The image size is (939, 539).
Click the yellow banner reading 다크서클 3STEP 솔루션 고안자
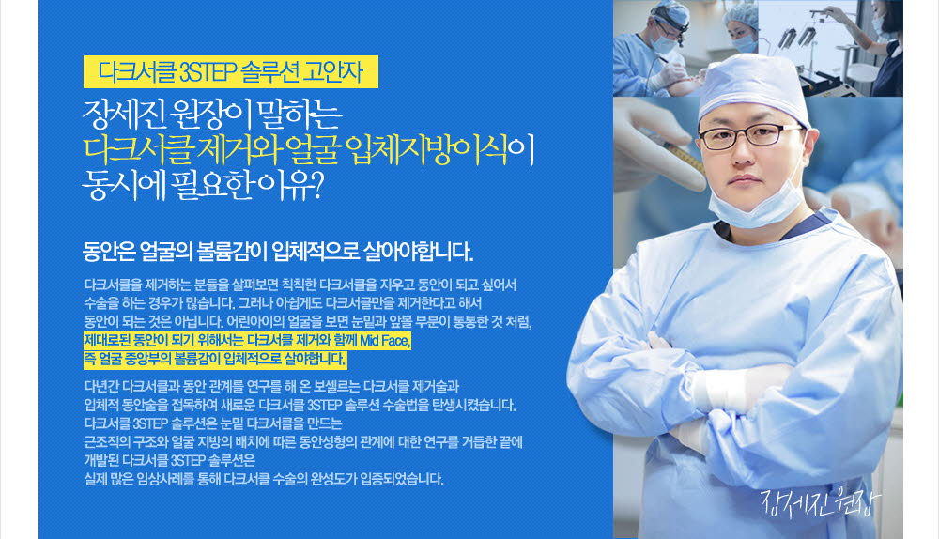231,72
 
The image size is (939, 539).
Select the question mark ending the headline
318,185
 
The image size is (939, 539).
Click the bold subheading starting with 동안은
278,252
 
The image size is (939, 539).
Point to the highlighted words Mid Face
384,341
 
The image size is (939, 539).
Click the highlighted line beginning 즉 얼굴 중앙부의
215,360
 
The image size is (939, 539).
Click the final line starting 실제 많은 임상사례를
264,479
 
